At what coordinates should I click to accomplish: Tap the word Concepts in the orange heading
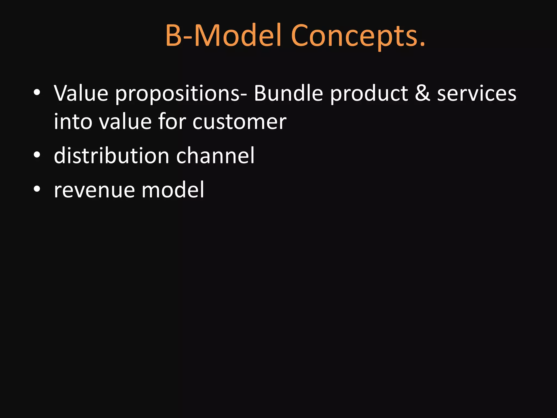pyautogui.click(x=354, y=37)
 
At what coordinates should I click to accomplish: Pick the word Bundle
pyautogui.click(x=288, y=93)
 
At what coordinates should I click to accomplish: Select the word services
pyautogui.click(x=476, y=93)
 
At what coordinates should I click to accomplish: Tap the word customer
pyautogui.click(x=239, y=121)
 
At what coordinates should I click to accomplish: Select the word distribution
pyautogui.click(x=112, y=155)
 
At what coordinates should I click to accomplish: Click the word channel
pyautogui.click(x=215, y=155)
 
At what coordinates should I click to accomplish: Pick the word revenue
pyautogui.click(x=94, y=190)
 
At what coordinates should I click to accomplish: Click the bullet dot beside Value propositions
pyautogui.click(x=37, y=93)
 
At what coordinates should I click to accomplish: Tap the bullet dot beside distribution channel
pyautogui.click(x=37, y=155)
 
